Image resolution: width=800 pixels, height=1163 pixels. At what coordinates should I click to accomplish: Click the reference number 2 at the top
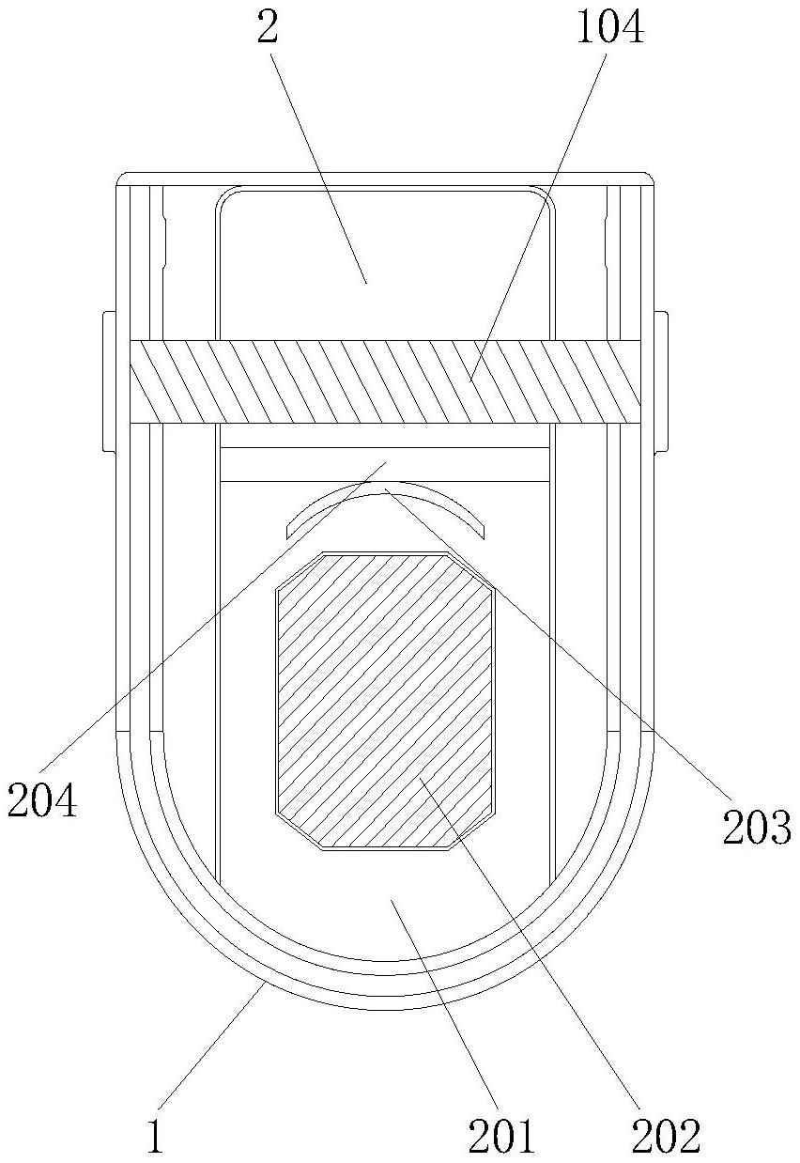click(268, 28)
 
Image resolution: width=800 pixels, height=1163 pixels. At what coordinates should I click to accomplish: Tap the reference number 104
click(610, 28)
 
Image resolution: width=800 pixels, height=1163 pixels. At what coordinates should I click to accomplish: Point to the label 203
click(758, 828)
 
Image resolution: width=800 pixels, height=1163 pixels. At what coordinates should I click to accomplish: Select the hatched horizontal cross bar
click(384, 381)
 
